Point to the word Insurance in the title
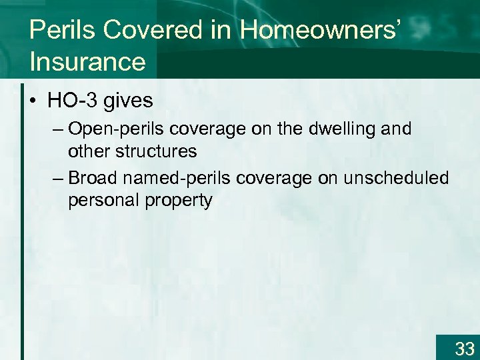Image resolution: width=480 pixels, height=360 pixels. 87,61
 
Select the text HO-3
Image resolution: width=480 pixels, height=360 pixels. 71,101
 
